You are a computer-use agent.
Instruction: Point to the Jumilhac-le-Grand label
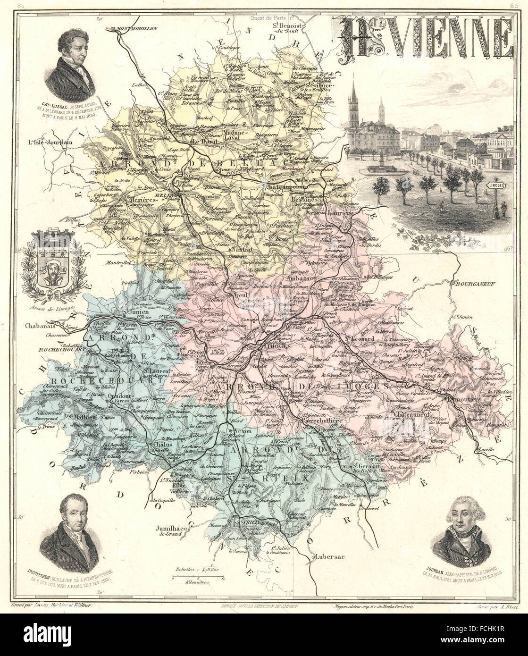click(170, 531)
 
